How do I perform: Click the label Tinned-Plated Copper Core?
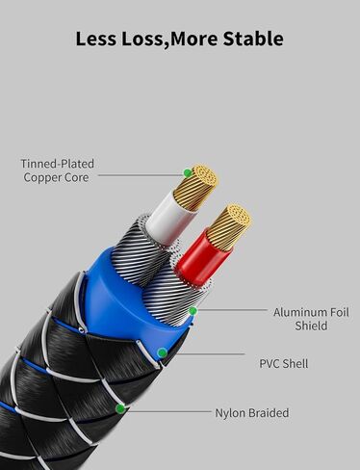point(58,170)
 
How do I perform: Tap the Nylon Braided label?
point(251,413)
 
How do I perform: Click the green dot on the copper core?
point(187,174)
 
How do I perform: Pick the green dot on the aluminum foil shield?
point(193,311)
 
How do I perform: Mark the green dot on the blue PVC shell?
point(162,352)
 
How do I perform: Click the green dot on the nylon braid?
point(119,408)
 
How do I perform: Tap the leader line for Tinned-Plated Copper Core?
point(140,174)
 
